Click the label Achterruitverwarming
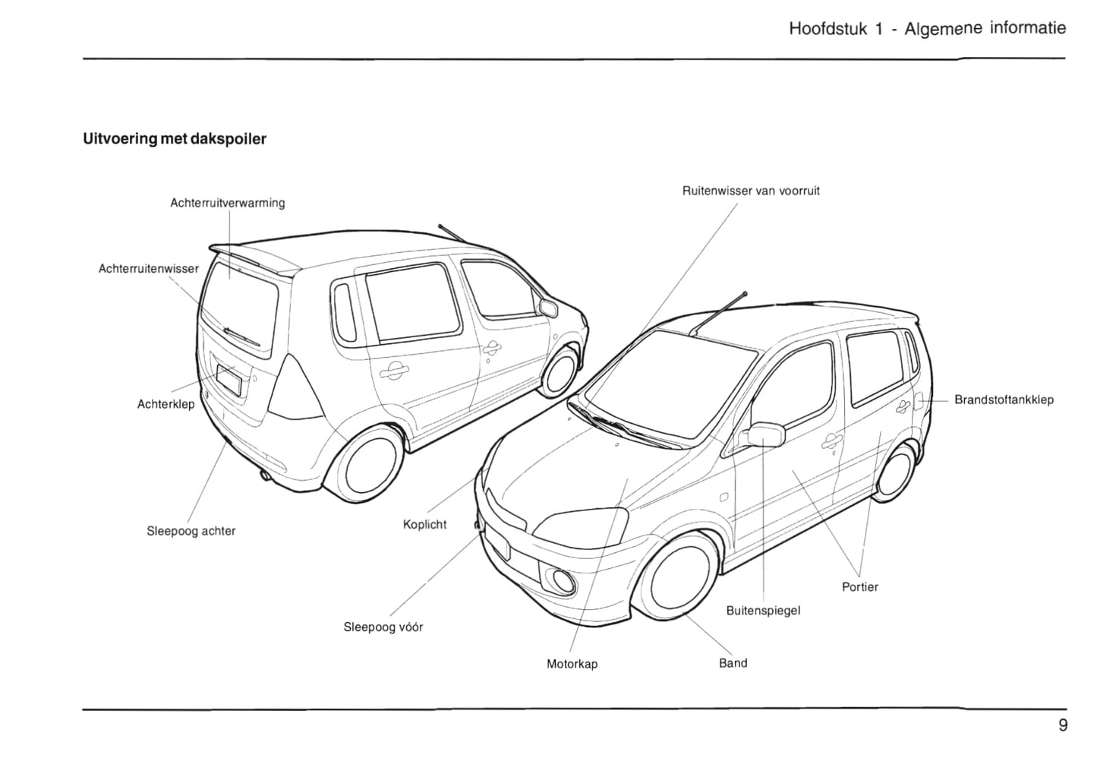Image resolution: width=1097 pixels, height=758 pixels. click(227, 203)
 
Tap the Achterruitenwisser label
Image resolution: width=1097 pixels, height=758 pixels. click(149, 269)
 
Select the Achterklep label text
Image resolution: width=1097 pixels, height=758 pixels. click(165, 404)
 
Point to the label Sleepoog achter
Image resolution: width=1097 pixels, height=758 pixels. click(191, 531)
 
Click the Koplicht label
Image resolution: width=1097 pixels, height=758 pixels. click(424, 525)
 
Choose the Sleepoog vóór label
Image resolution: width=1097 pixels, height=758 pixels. click(383, 627)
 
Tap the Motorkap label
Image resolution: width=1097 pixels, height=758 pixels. click(572, 664)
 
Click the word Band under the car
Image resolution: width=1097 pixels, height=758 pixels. click(733, 663)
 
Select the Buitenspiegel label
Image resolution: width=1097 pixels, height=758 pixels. click(763, 611)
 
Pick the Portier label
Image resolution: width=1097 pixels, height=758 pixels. click(859, 587)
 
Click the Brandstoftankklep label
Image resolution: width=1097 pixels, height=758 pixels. click(1004, 400)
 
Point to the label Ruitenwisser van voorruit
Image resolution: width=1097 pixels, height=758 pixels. click(750, 191)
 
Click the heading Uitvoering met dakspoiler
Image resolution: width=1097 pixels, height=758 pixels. click(175, 139)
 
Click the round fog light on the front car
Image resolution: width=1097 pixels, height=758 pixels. click(563, 580)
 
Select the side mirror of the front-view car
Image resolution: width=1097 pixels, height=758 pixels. click(766, 434)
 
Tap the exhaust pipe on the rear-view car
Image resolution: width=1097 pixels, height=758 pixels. click(266, 476)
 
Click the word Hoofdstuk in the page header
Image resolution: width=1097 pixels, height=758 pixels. click(827, 30)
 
